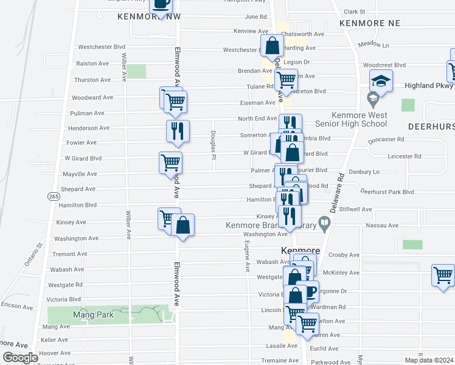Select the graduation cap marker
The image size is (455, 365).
point(381,81)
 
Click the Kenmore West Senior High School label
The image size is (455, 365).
point(359,119)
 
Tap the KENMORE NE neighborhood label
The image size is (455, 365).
point(369,23)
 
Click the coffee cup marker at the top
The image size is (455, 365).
point(161,5)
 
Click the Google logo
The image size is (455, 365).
point(20,358)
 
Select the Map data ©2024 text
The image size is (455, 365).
point(429,360)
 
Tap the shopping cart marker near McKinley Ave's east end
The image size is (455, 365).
point(443,274)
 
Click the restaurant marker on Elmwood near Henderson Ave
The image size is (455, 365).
point(178,131)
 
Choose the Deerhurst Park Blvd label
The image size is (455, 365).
point(387,192)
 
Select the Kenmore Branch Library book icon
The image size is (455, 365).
point(325,226)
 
